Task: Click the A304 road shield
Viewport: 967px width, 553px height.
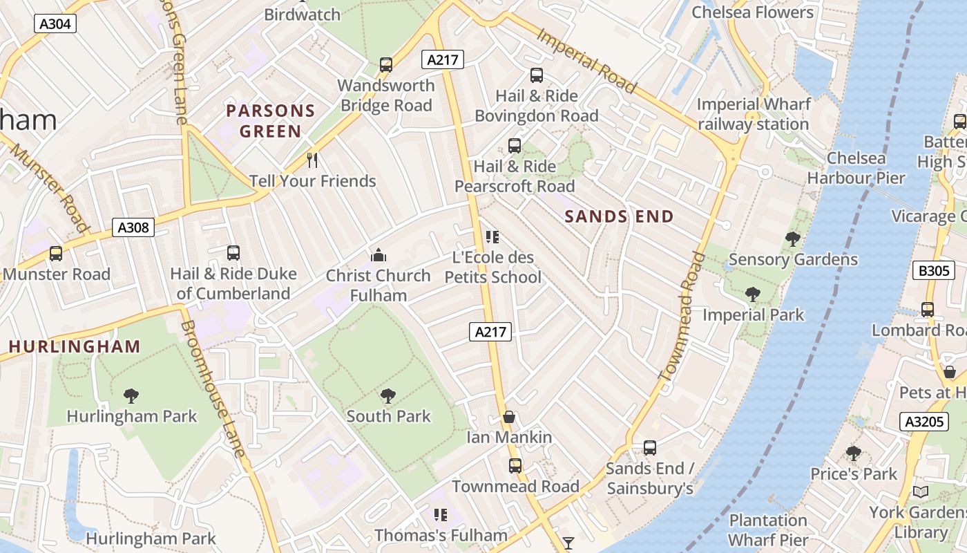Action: point(55,24)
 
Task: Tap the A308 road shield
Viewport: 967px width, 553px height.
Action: point(133,227)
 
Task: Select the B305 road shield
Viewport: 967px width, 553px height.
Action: point(934,270)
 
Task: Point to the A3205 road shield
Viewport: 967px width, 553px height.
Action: point(924,422)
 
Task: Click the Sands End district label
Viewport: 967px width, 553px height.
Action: point(619,216)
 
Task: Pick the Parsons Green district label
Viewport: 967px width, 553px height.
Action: point(271,121)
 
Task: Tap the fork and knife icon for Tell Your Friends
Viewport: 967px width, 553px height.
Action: point(312,160)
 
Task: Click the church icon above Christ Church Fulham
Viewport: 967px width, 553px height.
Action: point(378,256)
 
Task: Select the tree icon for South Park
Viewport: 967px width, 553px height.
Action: point(388,396)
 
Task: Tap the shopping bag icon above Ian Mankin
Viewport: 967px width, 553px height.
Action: point(509,417)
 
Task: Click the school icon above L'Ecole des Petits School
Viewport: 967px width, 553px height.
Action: point(492,237)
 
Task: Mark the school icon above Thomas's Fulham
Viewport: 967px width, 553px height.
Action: point(441,515)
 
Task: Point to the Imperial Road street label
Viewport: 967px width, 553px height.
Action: point(586,60)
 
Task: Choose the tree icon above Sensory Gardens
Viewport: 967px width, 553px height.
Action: point(793,239)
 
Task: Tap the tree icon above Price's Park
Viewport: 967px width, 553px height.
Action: point(854,453)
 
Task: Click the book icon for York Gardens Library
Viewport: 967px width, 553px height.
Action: point(920,491)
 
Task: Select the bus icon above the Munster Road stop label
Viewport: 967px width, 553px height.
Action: point(56,254)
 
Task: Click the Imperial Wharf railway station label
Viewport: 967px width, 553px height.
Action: point(753,114)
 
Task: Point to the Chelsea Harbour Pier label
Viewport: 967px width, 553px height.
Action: point(856,168)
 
